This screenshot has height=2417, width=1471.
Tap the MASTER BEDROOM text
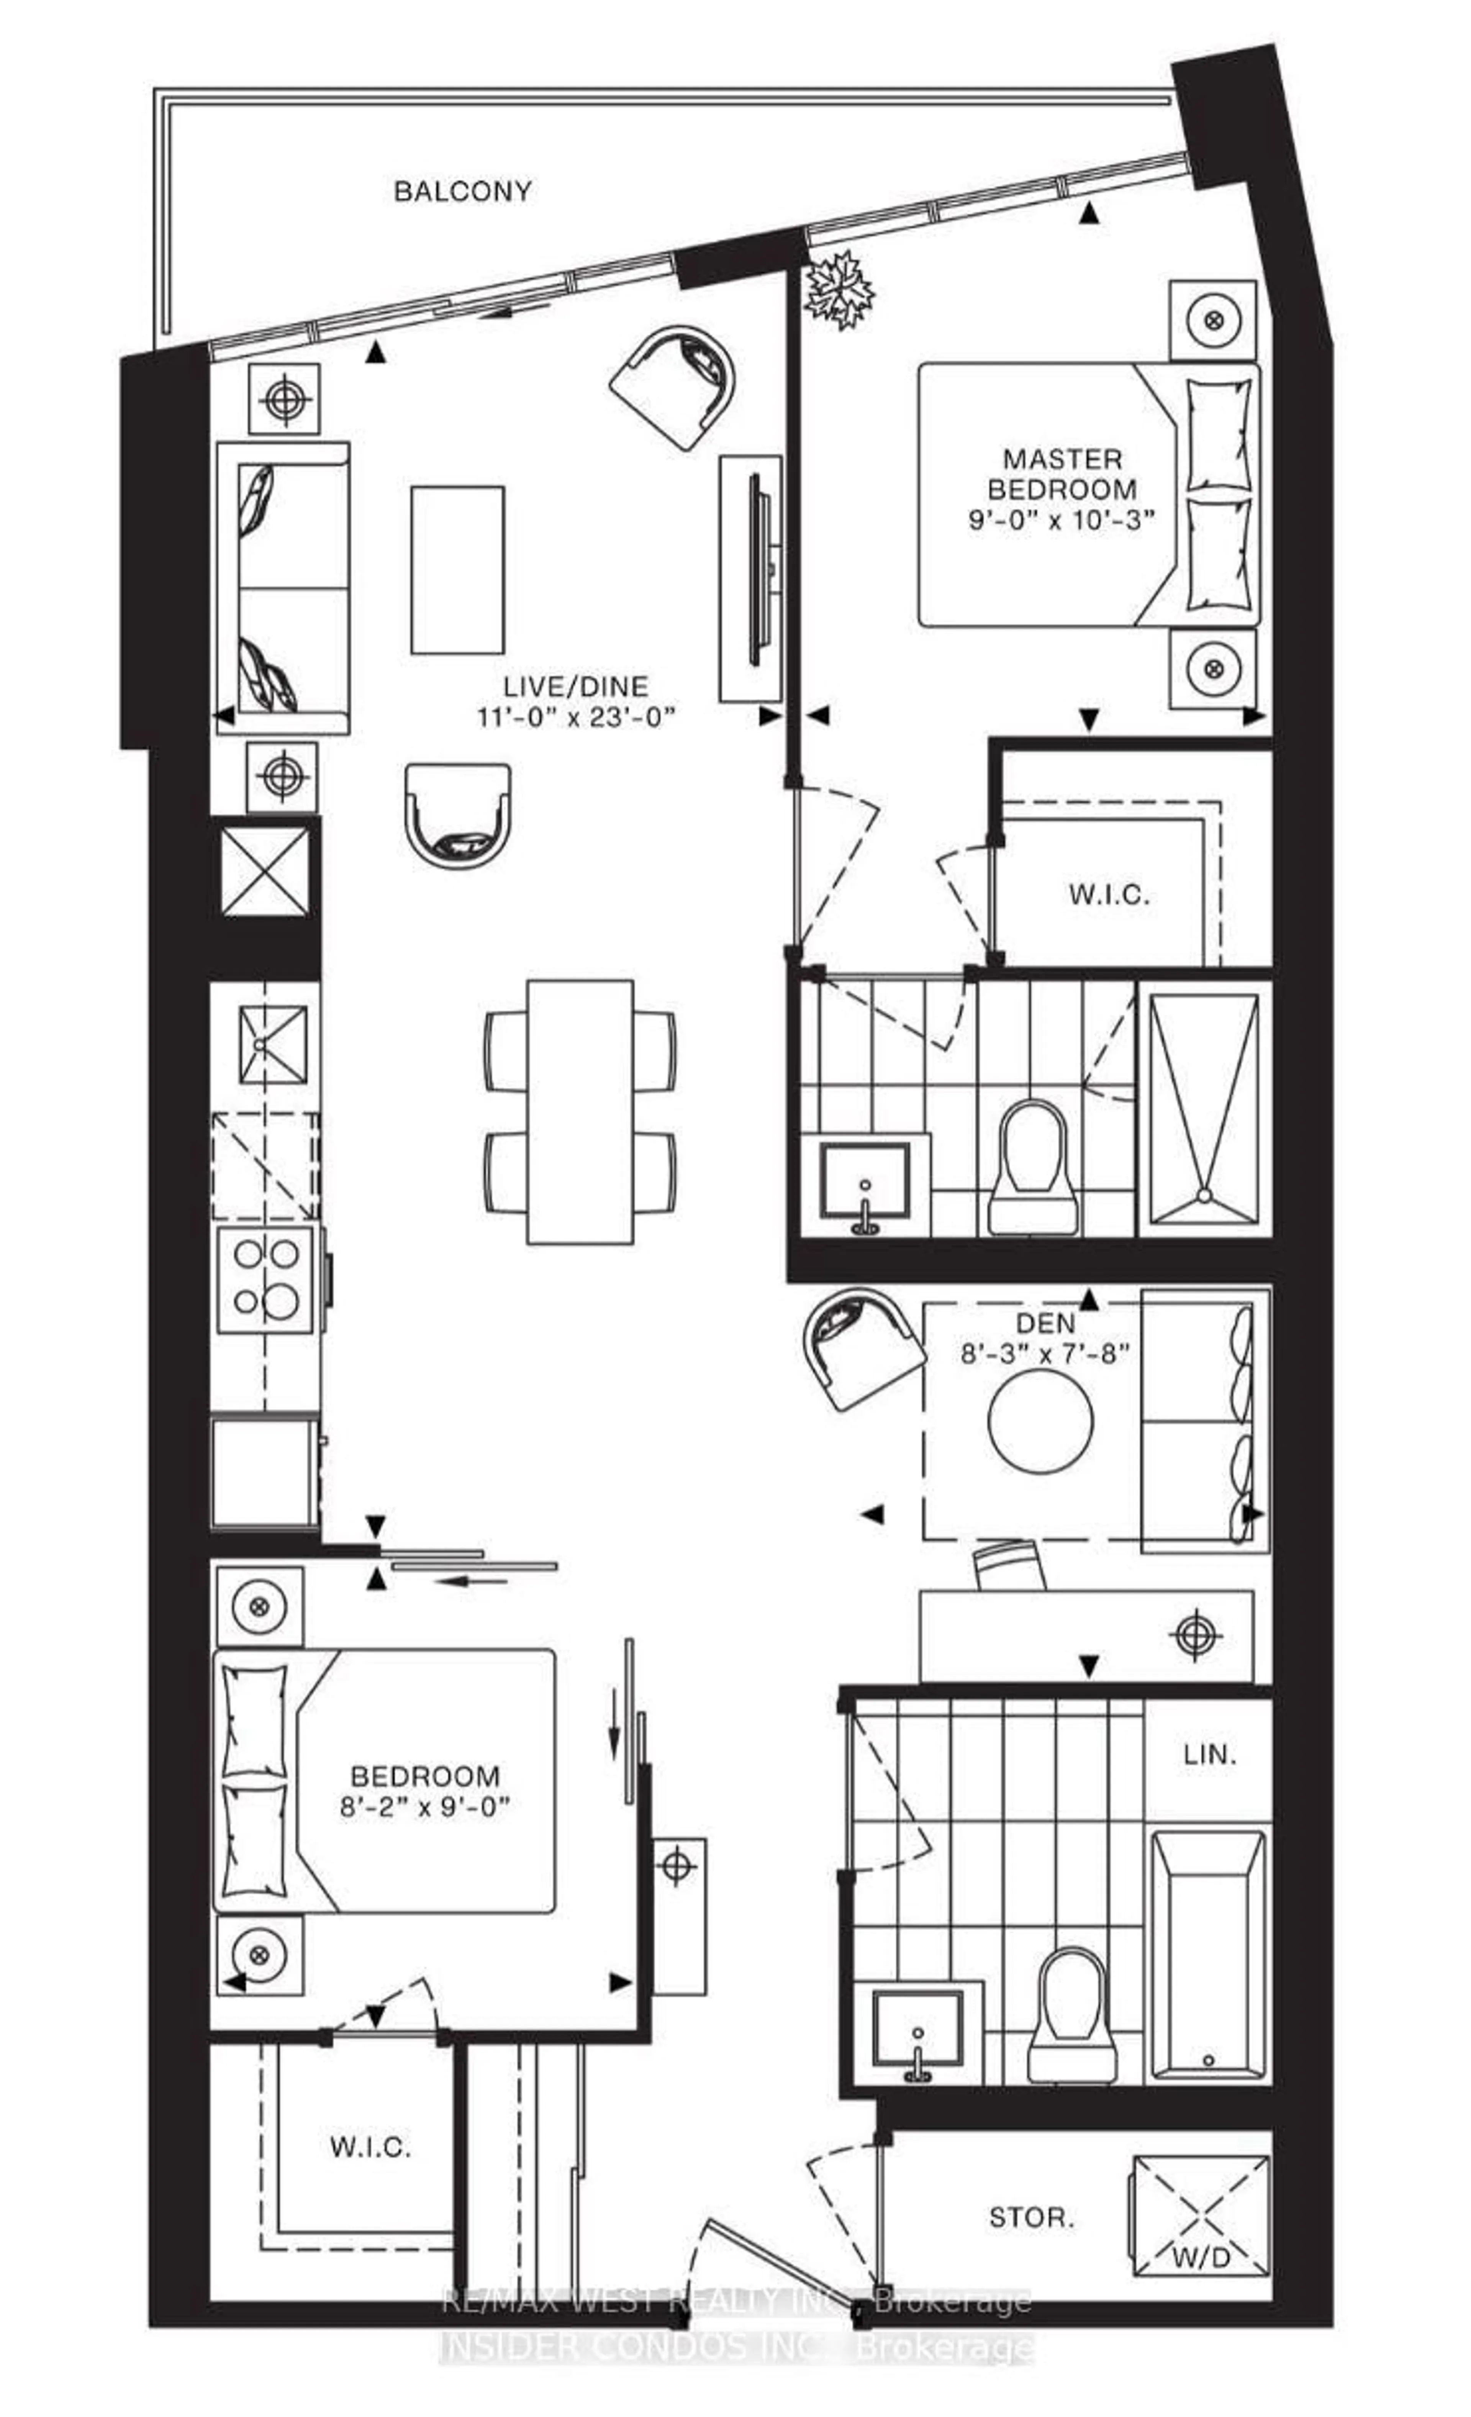(1062, 474)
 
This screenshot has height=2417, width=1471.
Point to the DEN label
(1045, 1323)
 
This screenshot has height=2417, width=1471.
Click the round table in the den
(1040, 1419)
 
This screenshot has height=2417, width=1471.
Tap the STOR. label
(1031, 2216)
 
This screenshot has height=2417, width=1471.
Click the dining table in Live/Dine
(580, 1111)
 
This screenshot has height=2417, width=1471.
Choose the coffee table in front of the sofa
(457, 569)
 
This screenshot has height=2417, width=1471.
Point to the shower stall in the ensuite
(1203, 1108)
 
